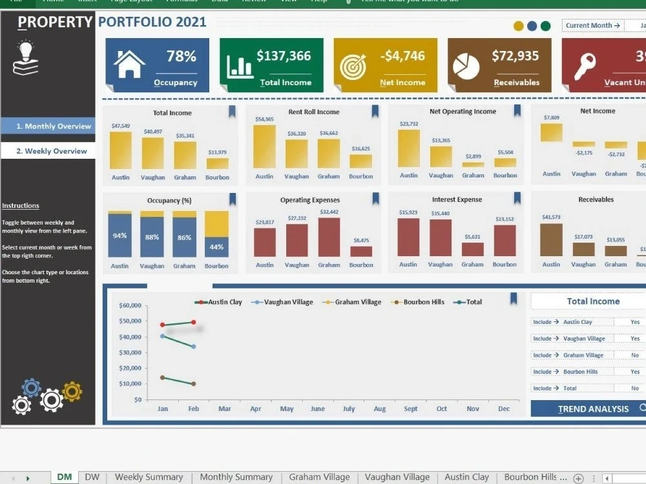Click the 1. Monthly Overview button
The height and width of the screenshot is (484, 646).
[x=48, y=126]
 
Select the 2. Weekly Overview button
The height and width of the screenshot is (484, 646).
[x=48, y=151]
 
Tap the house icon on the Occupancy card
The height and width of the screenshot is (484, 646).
[x=129, y=64]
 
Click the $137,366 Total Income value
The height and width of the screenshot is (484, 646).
[x=284, y=56]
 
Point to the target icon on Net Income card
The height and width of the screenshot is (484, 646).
[x=353, y=65]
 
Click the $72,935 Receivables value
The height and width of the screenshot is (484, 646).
[x=515, y=56]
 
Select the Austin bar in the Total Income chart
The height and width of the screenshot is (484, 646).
[x=120, y=150]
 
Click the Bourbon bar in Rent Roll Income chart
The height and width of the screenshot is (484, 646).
[x=360, y=161]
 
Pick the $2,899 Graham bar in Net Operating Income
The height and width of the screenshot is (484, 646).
[x=473, y=165]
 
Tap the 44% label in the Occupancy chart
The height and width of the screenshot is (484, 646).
[x=216, y=247]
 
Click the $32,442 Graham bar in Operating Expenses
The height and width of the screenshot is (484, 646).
[x=329, y=237]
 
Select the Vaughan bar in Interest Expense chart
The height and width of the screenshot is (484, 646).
[x=441, y=238]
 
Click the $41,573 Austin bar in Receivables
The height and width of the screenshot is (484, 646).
[x=551, y=240]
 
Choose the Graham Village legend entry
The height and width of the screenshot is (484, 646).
[x=351, y=302]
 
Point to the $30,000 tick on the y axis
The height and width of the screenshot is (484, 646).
[x=132, y=352]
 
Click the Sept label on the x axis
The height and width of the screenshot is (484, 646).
[x=410, y=409]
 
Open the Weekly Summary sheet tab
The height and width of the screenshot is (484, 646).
[x=149, y=477]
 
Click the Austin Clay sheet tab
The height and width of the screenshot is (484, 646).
[x=466, y=477]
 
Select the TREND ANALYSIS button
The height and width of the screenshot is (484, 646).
[x=593, y=408]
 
